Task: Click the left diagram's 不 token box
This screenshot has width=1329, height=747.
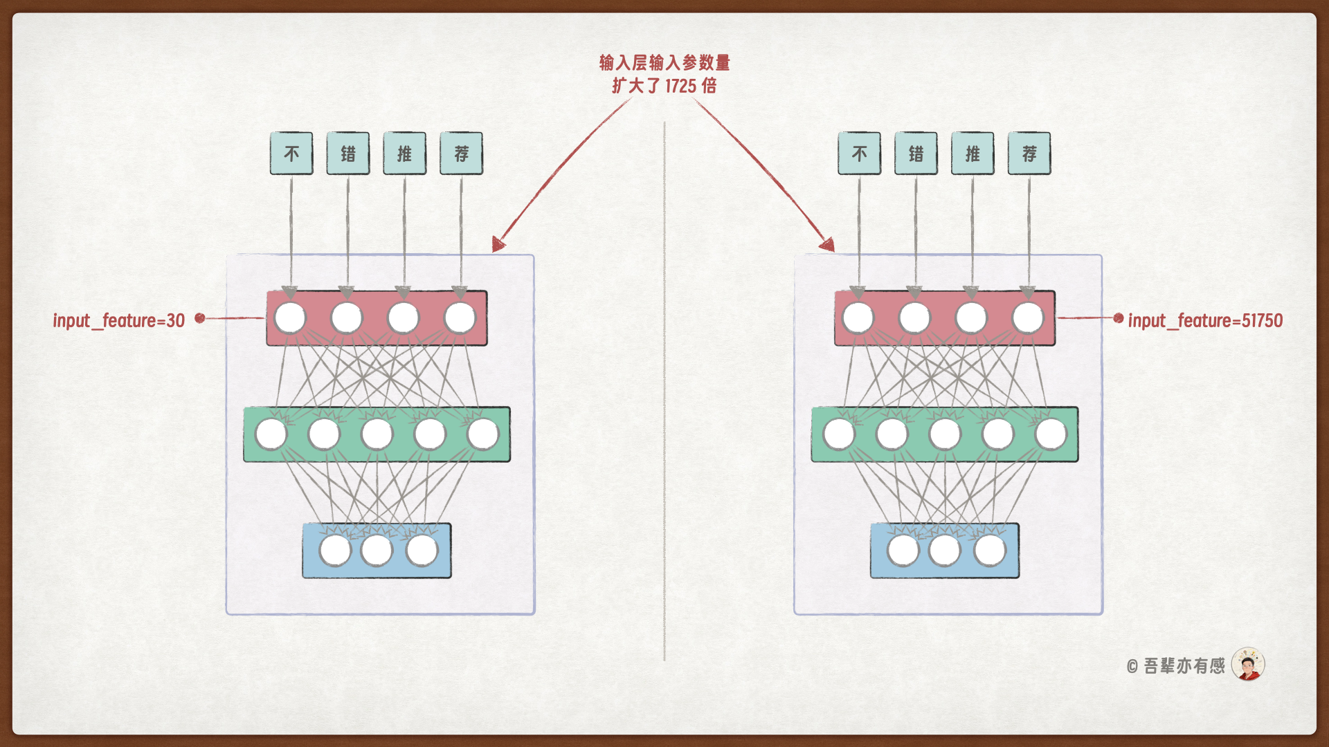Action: pyautogui.click(x=291, y=154)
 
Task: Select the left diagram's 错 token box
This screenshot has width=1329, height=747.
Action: pyautogui.click(x=348, y=154)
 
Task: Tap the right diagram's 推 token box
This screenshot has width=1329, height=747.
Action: pyautogui.click(x=973, y=154)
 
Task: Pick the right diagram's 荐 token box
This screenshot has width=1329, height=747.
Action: pyautogui.click(x=1029, y=154)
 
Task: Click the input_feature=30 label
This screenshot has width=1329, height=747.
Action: pyautogui.click(x=119, y=320)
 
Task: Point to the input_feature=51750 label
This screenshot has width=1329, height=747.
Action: pyautogui.click(x=1205, y=320)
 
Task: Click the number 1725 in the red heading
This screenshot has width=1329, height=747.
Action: pyautogui.click(x=680, y=86)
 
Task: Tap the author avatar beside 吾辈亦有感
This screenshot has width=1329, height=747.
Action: pyautogui.click(x=1248, y=665)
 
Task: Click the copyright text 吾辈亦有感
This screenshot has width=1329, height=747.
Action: pyautogui.click(x=1184, y=665)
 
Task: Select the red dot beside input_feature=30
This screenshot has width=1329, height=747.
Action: pyautogui.click(x=200, y=318)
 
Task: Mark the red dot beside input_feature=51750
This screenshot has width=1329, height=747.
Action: pyautogui.click(x=1119, y=318)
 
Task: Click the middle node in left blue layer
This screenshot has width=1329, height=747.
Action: pyautogui.click(x=377, y=551)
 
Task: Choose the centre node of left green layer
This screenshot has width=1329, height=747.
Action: pyautogui.click(x=377, y=434)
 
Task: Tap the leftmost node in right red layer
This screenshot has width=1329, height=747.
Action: pyautogui.click(x=858, y=318)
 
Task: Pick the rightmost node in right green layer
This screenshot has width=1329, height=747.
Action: pyautogui.click(x=1051, y=434)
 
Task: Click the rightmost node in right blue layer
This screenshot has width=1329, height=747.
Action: pyautogui.click(x=990, y=551)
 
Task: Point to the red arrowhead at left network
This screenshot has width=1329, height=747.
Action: pyautogui.click(x=498, y=243)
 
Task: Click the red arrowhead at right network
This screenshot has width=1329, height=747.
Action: pyautogui.click(x=828, y=243)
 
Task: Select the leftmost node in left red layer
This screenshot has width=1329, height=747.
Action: pyautogui.click(x=290, y=318)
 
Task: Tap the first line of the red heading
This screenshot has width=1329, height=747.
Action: pyautogui.click(x=664, y=63)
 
